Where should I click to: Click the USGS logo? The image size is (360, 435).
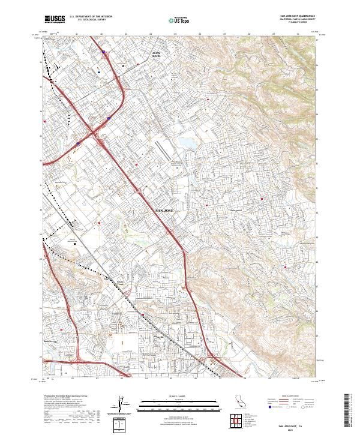[55, 19]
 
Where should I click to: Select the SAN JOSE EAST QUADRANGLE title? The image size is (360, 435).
[298, 16]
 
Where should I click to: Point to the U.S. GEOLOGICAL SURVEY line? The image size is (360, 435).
[91, 20]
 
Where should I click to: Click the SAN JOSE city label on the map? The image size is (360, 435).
[166, 211]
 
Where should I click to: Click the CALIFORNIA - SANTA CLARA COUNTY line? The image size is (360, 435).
[298, 20]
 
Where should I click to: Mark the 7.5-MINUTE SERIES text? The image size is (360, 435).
[298, 23]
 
